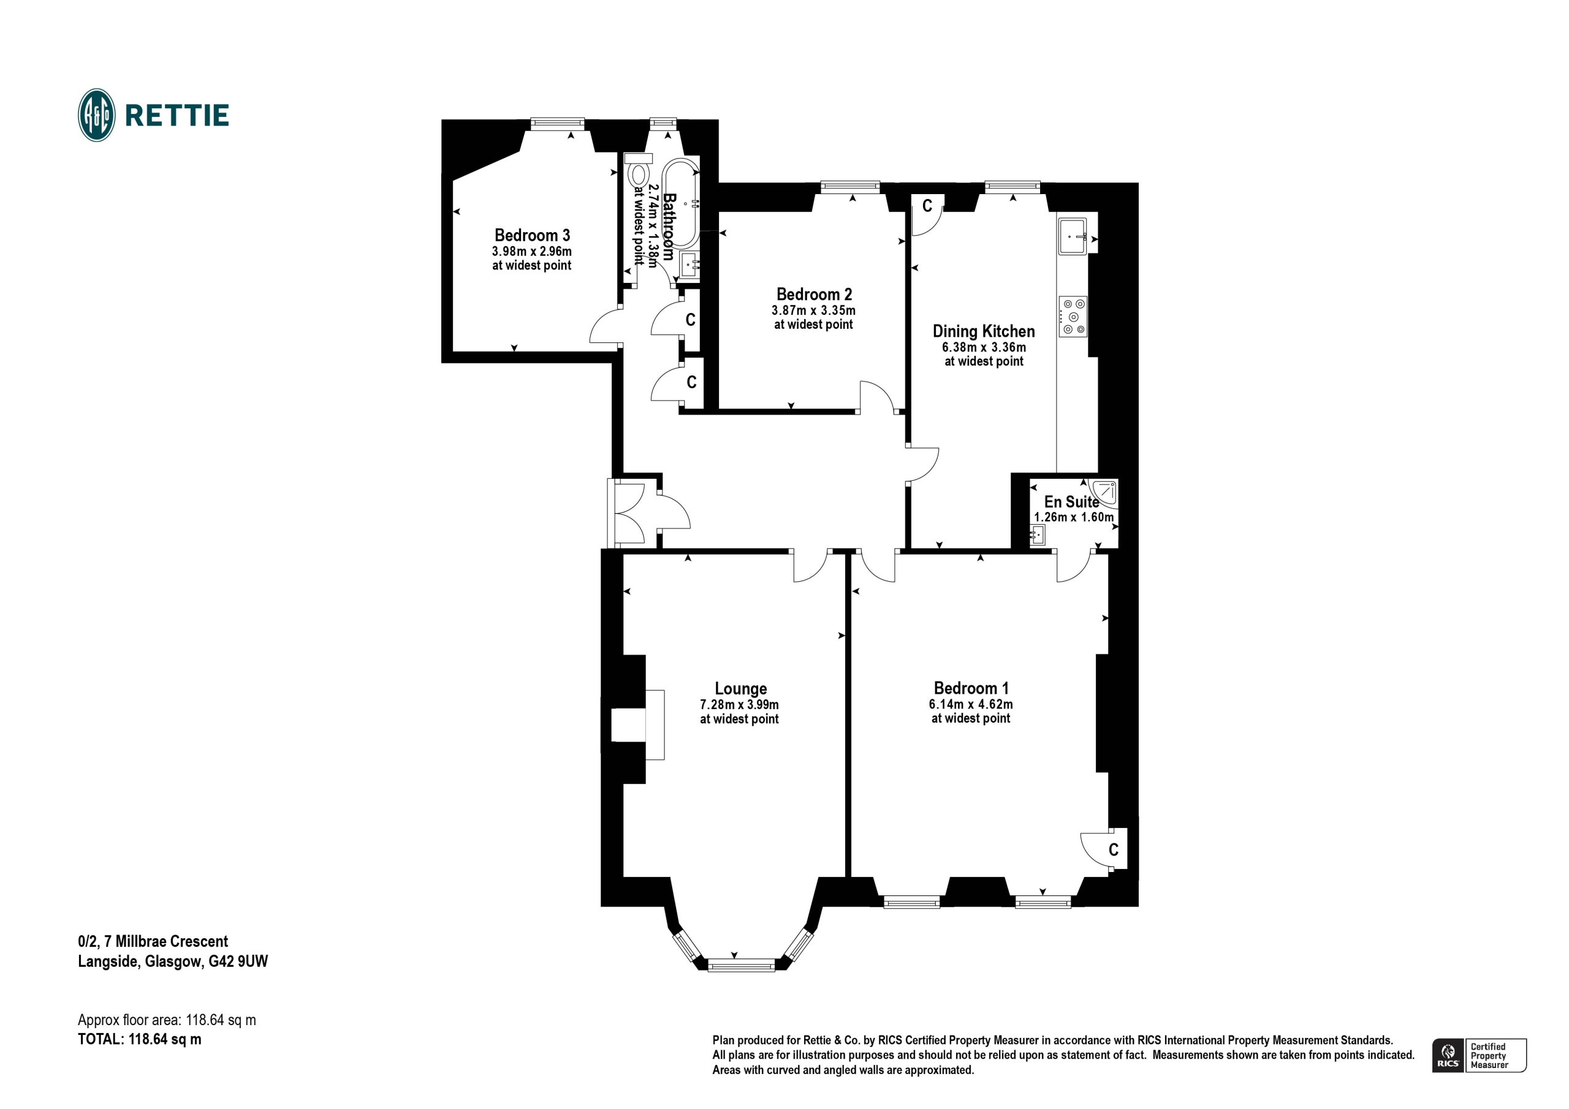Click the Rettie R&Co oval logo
tap(96, 115)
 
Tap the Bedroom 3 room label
tap(533, 236)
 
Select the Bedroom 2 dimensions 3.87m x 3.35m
tap(813, 310)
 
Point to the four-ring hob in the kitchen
tap(1073, 317)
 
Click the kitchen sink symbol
tap(1072, 236)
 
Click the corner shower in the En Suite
tap(1104, 494)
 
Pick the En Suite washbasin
tap(1038, 535)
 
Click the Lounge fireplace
tap(637, 724)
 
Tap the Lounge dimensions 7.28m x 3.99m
tap(739, 704)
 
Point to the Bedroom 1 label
tap(971, 688)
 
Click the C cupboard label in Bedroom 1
tap(1113, 849)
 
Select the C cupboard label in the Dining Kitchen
tap(927, 206)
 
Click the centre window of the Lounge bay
tap(741, 964)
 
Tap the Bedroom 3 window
tap(558, 123)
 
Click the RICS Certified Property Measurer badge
tap(1479, 1056)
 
